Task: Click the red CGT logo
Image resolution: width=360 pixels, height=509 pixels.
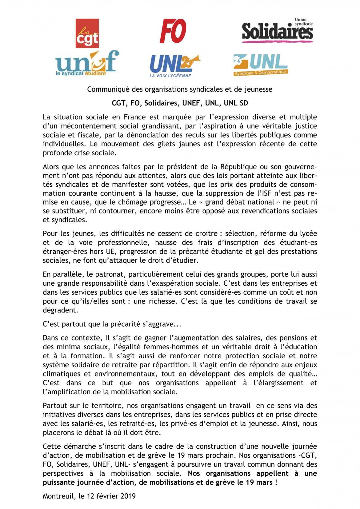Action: point(87,34)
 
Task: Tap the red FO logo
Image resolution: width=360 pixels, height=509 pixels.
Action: point(173,31)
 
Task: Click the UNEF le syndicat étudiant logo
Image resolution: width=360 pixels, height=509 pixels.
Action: point(87,64)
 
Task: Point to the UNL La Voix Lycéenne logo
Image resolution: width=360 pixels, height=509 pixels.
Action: point(174,66)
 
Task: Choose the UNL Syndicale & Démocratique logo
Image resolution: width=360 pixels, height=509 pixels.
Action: point(260,65)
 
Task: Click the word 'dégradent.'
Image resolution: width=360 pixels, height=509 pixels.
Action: point(60,310)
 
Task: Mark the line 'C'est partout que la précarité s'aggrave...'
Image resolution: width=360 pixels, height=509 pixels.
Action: point(112,324)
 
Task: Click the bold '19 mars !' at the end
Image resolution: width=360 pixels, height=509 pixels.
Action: point(261,483)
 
